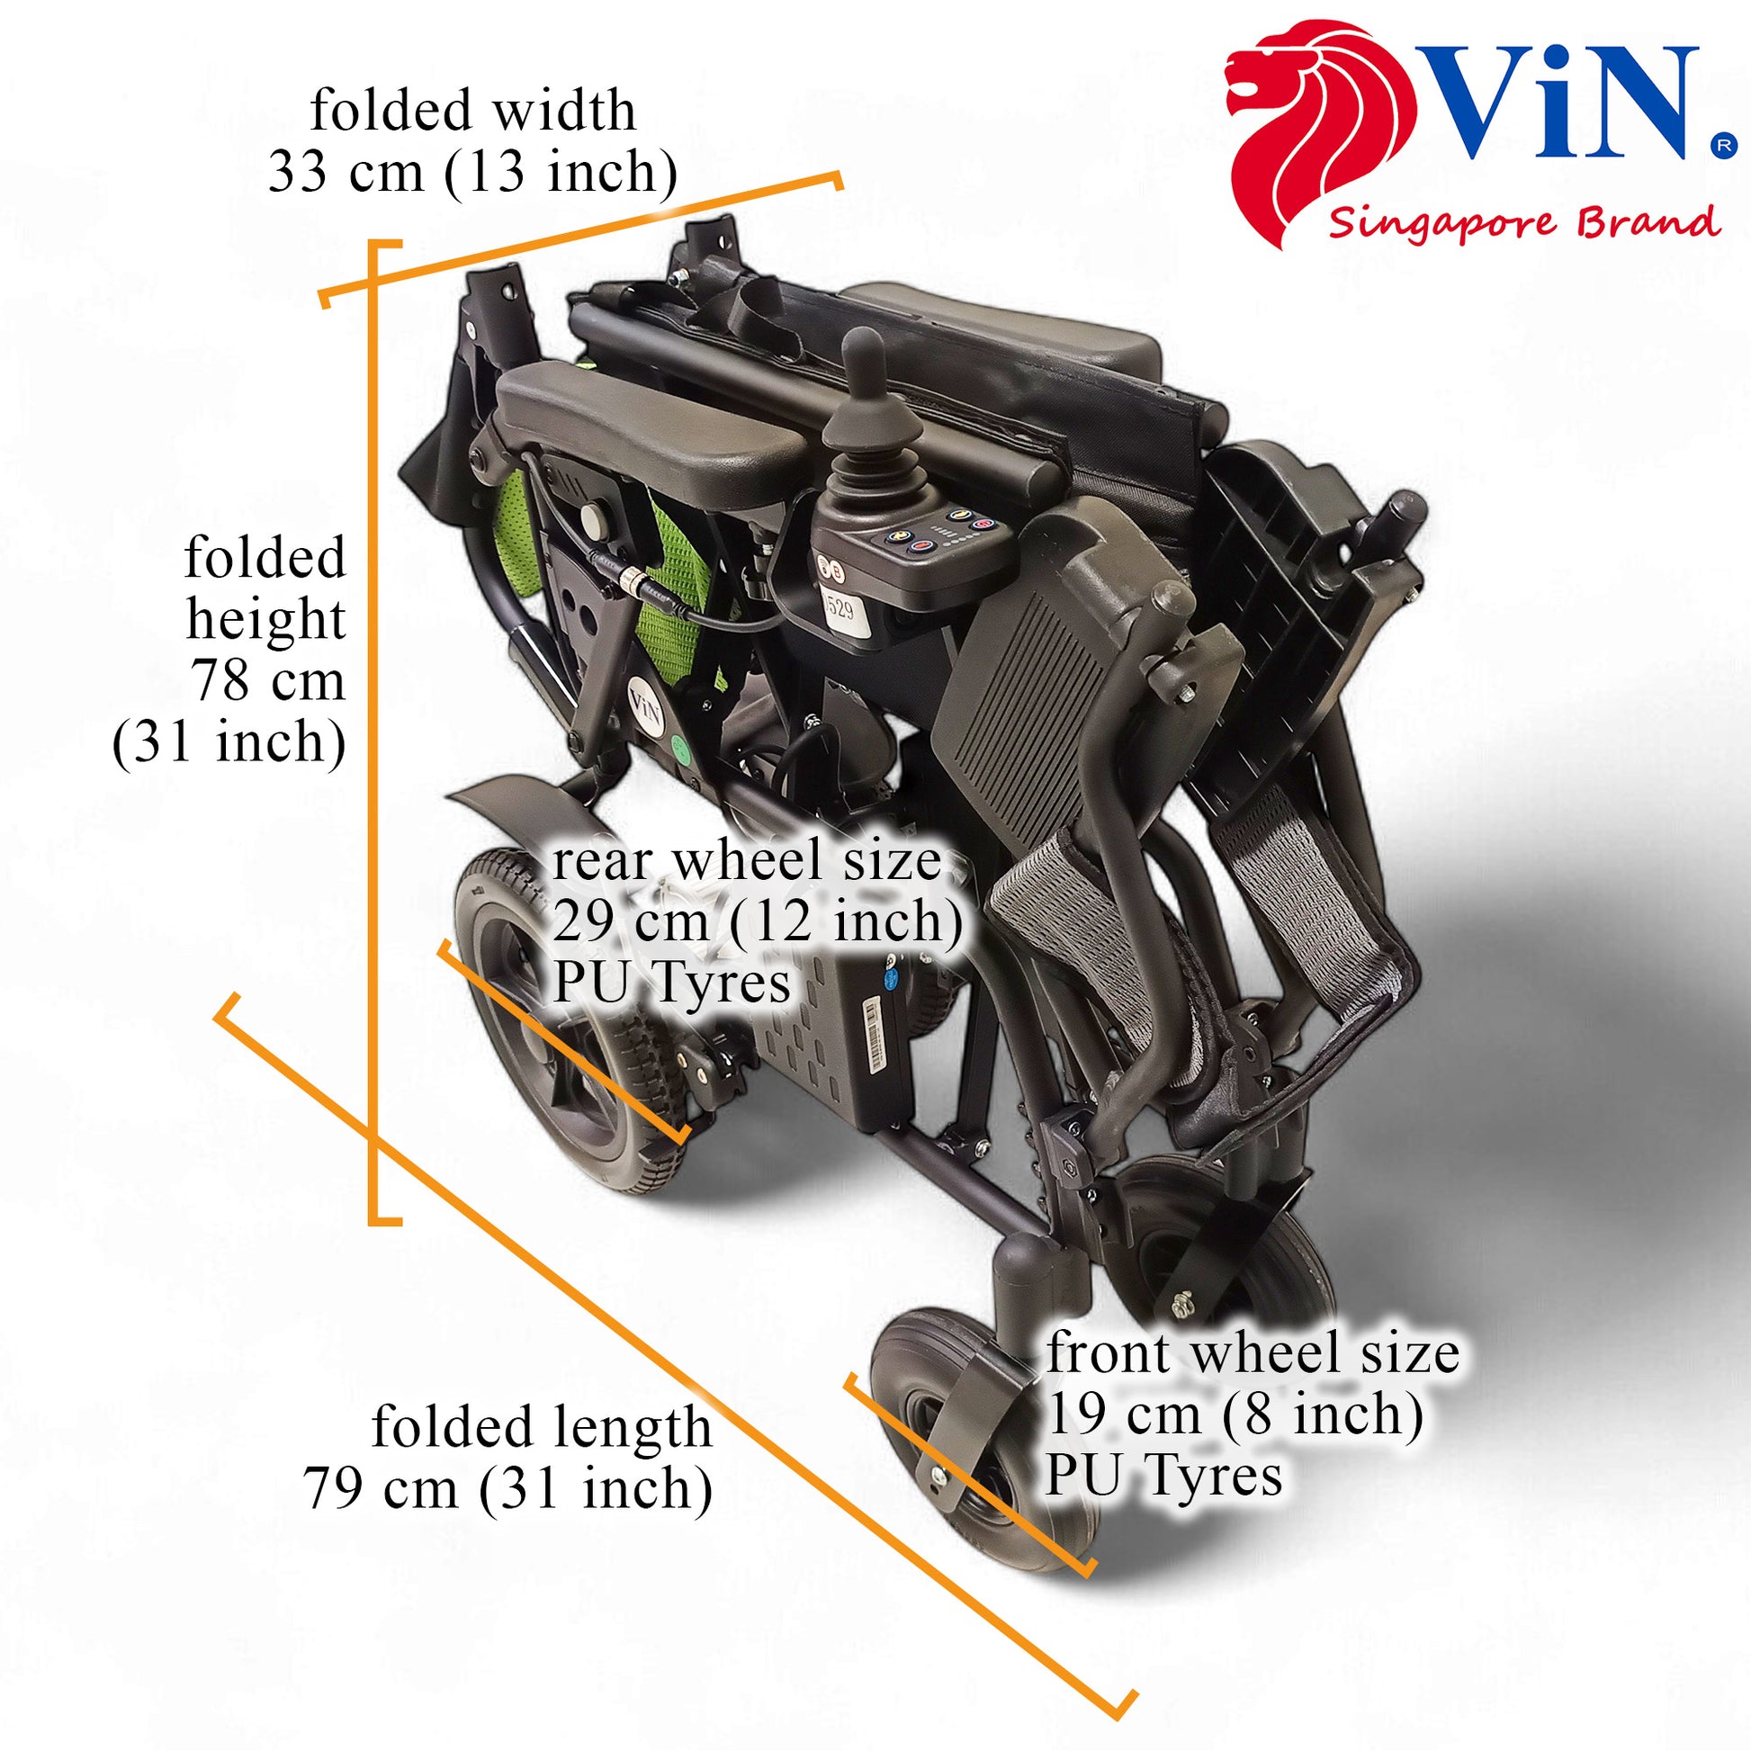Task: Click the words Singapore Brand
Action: [x=1523, y=222]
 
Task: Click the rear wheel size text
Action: [x=757, y=920]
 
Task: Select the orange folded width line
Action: [x=581, y=238]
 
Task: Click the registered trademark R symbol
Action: [x=1723, y=145]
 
